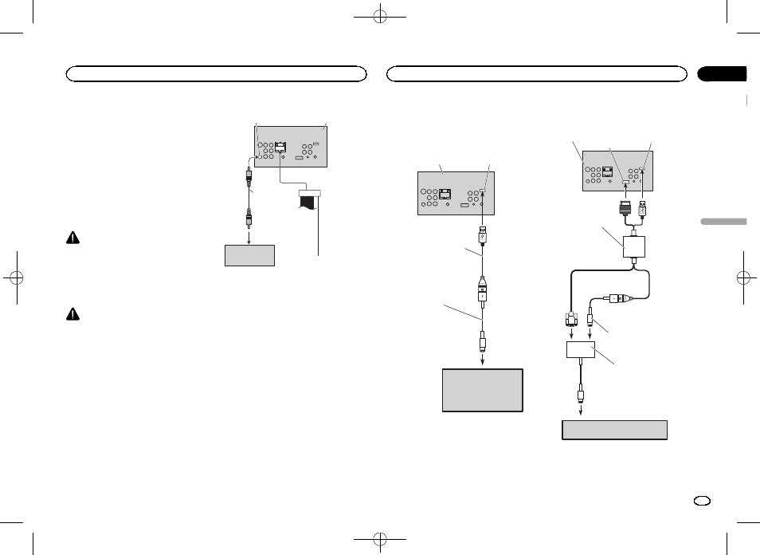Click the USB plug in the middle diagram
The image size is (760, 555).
point(483,237)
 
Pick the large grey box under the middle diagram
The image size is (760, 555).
point(482,389)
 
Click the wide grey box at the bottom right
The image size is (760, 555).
point(614,430)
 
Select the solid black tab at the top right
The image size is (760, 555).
point(722,74)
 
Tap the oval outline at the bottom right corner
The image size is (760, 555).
point(702,502)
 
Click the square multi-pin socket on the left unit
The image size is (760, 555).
point(280,148)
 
